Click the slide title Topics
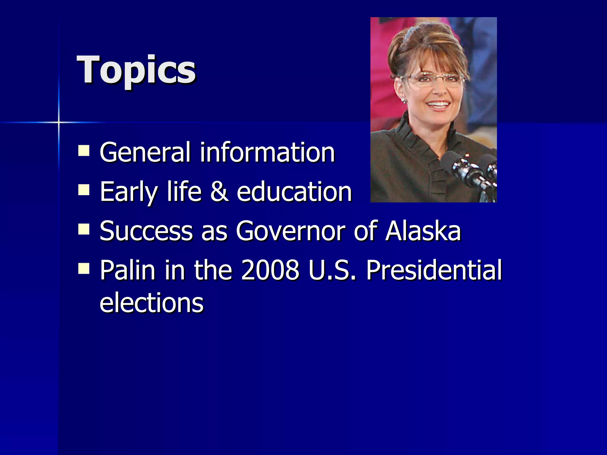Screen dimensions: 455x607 click(136, 70)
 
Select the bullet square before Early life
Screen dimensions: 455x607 click(84, 190)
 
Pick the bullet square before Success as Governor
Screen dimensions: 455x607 click(84, 229)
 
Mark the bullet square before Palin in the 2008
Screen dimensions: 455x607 click(84, 268)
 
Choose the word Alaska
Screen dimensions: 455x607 click(423, 231)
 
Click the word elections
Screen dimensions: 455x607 click(151, 303)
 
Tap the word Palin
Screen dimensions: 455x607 click(127, 270)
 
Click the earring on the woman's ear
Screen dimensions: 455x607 click(403, 101)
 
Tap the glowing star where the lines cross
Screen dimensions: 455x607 click(59, 122)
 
